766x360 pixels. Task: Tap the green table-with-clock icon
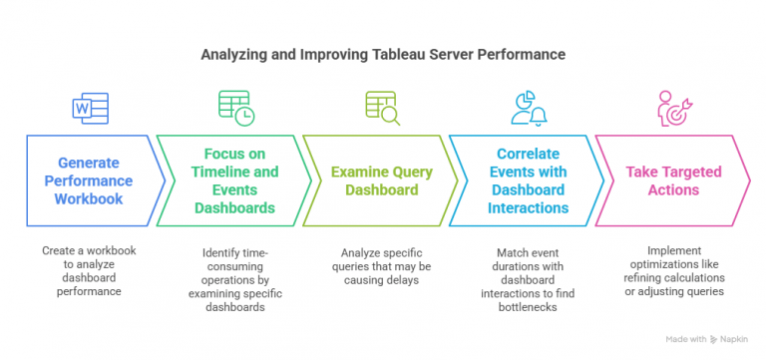235,107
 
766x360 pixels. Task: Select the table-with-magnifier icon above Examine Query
382,107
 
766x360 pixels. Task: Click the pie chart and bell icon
529,107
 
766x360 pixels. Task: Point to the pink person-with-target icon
674,107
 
